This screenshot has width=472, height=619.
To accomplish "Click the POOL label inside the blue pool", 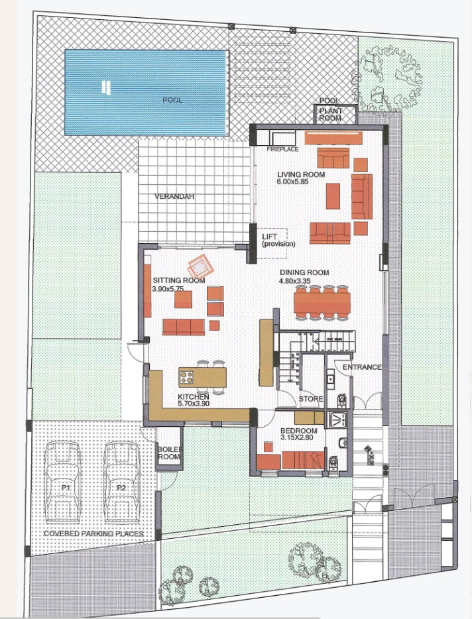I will [172, 100].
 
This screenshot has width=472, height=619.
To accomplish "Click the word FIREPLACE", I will [283, 150].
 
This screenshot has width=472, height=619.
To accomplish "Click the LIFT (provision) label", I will [278, 240].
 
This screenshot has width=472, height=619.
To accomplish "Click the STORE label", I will [311, 399].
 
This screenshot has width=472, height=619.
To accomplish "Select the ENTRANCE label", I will [362, 367].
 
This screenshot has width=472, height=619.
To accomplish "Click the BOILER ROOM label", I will [168, 453].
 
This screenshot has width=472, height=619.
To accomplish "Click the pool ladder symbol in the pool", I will [104, 86].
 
